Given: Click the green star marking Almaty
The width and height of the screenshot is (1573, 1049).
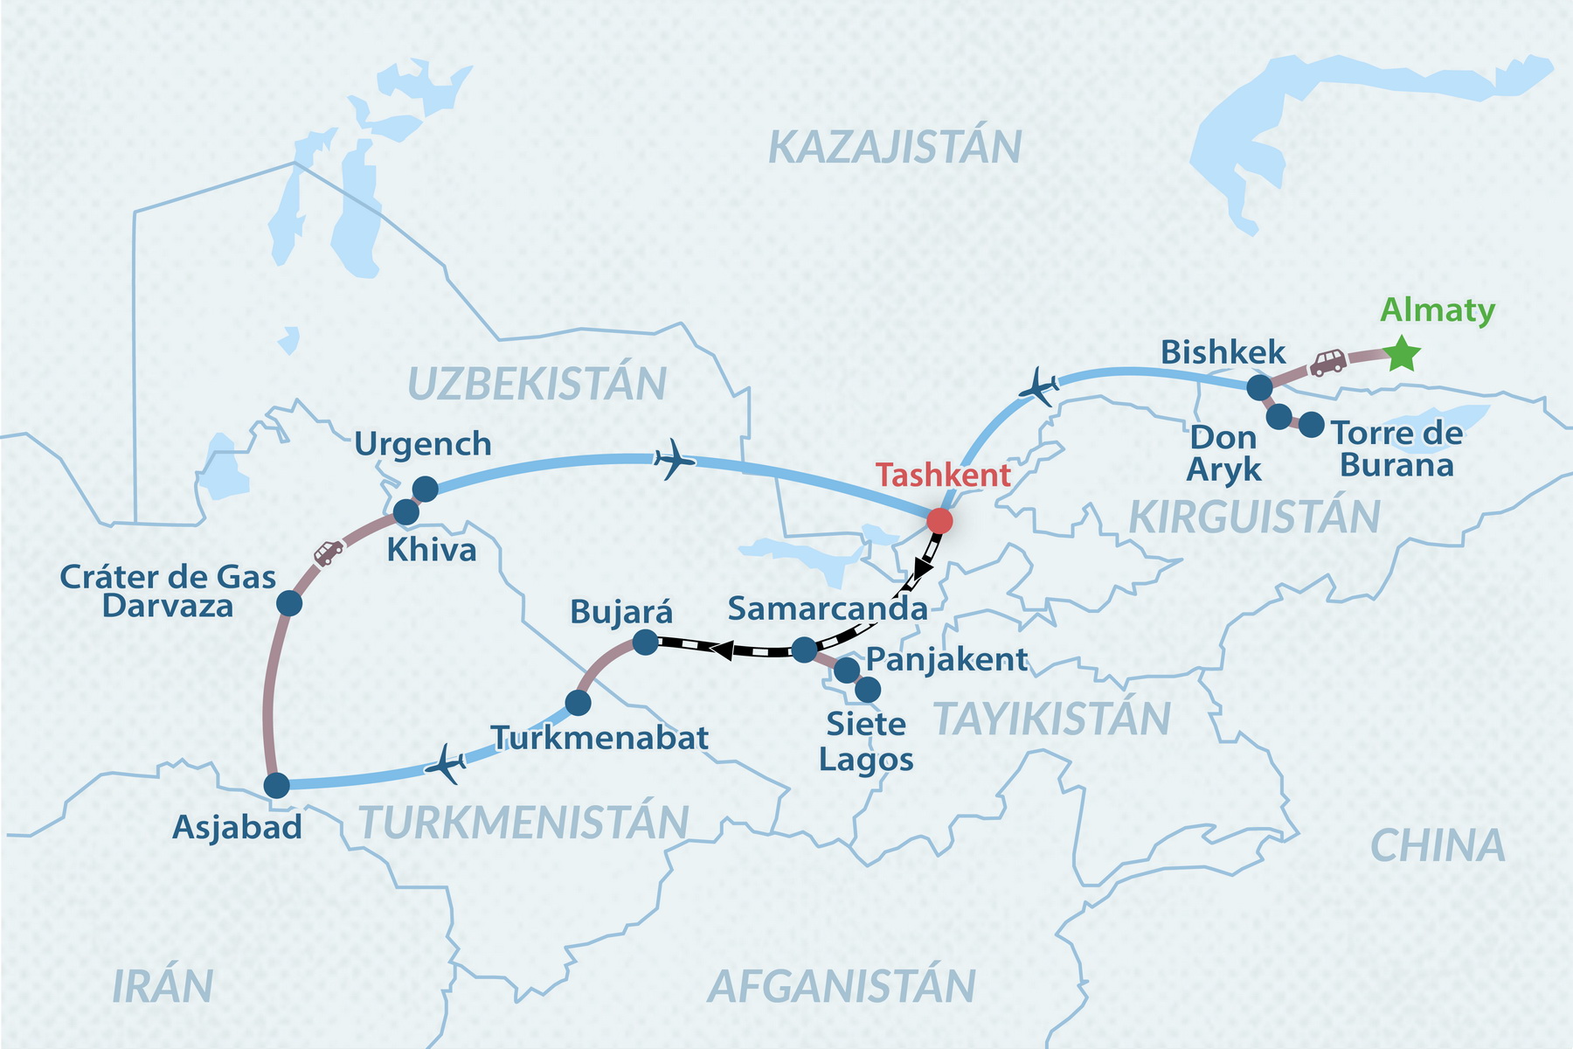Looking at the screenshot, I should pos(1402,354).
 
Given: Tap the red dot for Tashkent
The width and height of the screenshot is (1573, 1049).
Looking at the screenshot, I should pos(939,521).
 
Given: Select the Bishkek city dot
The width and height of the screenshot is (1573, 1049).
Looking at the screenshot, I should pos(1258,387).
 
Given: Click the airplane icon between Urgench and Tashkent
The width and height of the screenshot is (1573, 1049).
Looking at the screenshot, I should pos(674,459).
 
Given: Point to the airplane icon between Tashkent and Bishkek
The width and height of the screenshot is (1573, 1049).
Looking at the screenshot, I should pos(1040,386).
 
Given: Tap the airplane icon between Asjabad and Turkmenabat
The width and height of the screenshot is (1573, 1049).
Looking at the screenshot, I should pos(447,765).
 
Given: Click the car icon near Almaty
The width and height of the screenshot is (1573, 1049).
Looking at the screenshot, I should pos(1328,363).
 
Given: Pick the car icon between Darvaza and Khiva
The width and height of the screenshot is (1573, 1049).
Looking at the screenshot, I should pos(329,552).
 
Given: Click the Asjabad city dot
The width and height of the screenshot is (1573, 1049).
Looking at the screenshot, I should pos(276,785).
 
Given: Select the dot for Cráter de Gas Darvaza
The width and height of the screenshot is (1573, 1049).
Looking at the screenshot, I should pos(289,603).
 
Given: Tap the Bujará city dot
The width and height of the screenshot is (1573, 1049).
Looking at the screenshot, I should pos(645,643).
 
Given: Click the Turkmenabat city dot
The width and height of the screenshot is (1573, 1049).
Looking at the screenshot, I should pos(578,702).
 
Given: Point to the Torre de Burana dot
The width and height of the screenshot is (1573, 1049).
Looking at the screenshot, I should pos(1311,426).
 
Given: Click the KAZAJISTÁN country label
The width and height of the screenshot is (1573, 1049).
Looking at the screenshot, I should pos(895,147).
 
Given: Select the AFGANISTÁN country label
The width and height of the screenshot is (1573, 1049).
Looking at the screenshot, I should pos(842,986).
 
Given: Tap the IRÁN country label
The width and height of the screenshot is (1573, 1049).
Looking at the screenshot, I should pos(163,986).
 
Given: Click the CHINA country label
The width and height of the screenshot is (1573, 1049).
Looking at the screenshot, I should pos(1438,845).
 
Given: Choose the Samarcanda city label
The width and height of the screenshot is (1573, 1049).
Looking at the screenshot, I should pos(827,608).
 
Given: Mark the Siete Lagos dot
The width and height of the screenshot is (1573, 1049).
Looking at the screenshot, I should pos(867,691).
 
